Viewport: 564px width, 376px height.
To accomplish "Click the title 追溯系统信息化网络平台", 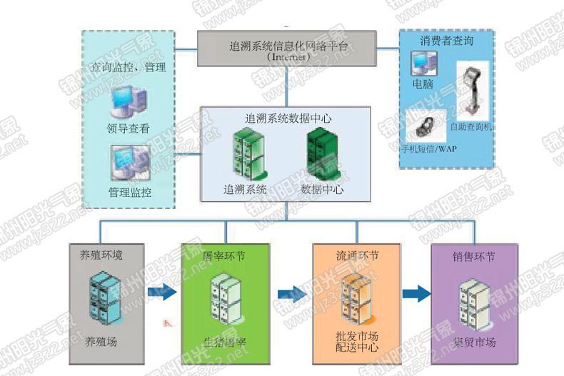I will tap(288, 45).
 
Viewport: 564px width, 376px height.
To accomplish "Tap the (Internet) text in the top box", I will tap(288, 56).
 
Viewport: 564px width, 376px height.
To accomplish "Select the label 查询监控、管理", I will tap(129, 68).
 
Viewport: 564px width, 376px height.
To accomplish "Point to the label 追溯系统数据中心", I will tap(288, 118).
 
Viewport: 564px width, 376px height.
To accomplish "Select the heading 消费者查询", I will tap(447, 41).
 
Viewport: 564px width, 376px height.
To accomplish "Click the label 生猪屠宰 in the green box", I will tap(225, 341).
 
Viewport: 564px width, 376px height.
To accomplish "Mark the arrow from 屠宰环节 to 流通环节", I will tap(291, 293).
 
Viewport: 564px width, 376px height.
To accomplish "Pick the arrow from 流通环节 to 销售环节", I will tap(416, 293).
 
